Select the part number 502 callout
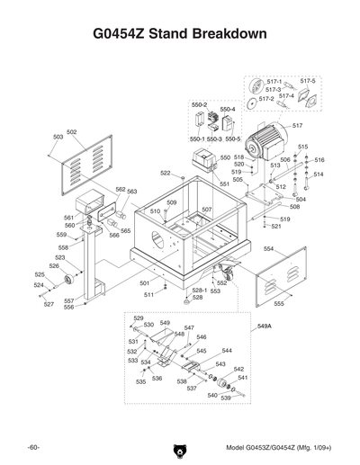tap(72, 132)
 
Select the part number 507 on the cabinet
tap(206, 210)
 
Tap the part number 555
tap(279, 304)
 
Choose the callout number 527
tap(49, 304)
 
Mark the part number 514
tap(318, 174)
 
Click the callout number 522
tap(166, 173)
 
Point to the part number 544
tap(227, 351)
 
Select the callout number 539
tap(226, 398)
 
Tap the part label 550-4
tap(228, 110)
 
